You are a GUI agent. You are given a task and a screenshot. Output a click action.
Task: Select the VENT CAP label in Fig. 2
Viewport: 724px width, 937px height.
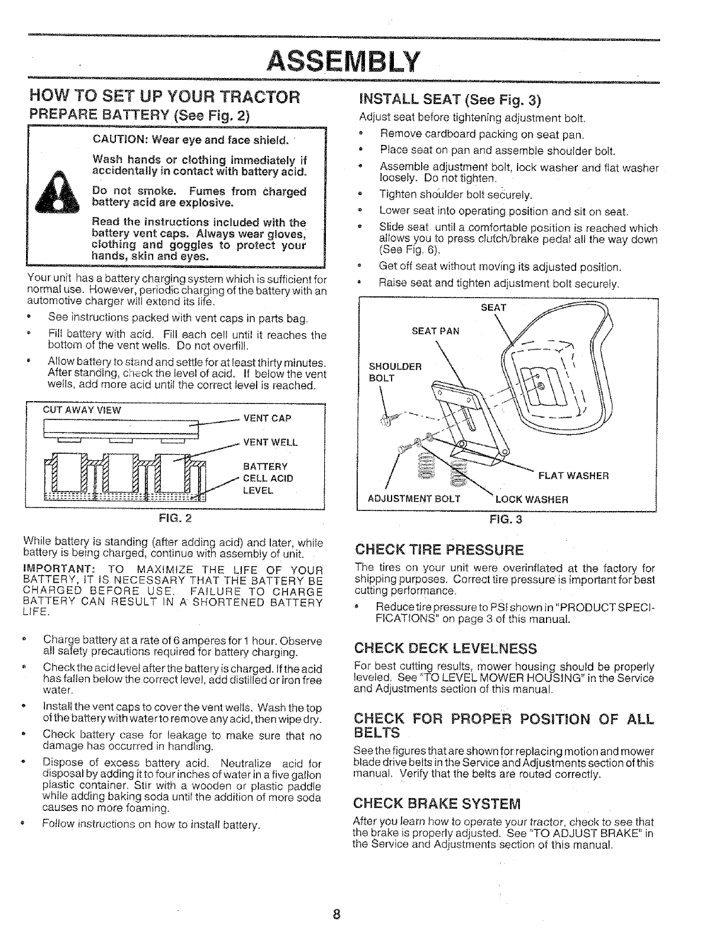click(267, 418)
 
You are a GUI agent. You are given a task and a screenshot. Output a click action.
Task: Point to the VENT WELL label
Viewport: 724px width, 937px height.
click(270, 442)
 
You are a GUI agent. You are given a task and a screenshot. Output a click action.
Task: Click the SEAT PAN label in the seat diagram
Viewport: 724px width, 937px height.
click(435, 331)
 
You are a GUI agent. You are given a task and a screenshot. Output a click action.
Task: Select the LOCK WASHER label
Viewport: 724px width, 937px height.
click(532, 499)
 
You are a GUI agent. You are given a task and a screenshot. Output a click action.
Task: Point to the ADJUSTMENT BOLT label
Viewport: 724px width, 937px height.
click(414, 499)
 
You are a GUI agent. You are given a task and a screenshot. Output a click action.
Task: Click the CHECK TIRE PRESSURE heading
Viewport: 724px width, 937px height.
click(438, 551)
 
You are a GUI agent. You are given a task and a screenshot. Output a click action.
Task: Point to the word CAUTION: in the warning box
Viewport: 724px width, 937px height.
click(118, 140)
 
